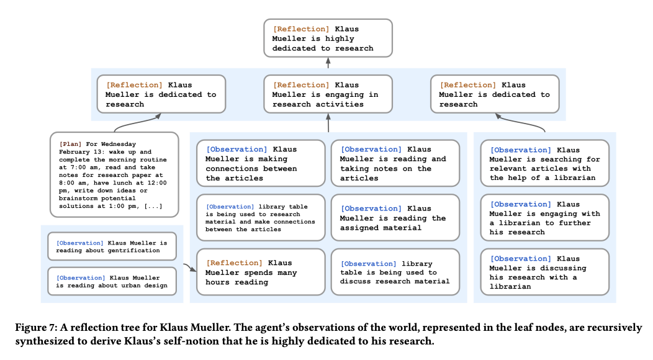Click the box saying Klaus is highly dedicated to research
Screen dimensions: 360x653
[x=328, y=38]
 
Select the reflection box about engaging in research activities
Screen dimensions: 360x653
[x=328, y=94]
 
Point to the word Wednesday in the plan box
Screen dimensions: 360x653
[x=118, y=144]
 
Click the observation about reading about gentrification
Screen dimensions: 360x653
[x=112, y=246]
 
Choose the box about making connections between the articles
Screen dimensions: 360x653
[x=260, y=163]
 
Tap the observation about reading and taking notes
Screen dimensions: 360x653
[x=395, y=163]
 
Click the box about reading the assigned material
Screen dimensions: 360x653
[x=395, y=218]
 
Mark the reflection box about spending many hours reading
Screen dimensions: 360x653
[x=260, y=272]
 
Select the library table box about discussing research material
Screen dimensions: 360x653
[x=395, y=272]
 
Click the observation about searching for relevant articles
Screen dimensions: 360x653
[x=545, y=164]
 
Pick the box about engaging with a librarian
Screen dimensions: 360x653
[x=545, y=218]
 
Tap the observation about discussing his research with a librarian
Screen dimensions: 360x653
[x=545, y=272]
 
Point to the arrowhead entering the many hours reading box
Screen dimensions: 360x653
[x=192, y=270]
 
